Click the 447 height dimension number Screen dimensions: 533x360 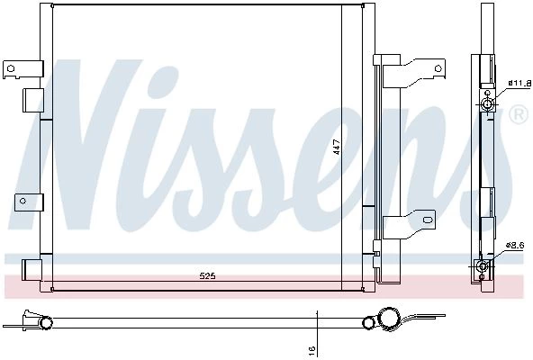point(337,147)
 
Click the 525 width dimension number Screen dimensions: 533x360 point(207,276)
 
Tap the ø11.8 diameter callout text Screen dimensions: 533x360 point(519,83)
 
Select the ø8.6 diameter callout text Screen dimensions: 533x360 point(515,245)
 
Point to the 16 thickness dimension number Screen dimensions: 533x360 point(312,348)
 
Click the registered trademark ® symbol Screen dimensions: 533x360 point(519,114)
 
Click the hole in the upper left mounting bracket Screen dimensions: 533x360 point(11,68)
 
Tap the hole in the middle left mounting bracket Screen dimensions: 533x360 point(23,201)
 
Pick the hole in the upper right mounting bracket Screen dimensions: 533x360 point(438,68)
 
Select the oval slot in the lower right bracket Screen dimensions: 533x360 point(428,220)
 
